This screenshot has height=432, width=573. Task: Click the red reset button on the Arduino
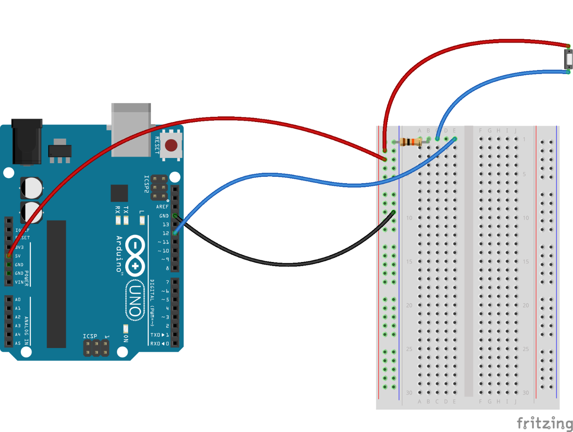(171, 146)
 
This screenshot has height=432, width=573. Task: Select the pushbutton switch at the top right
(569, 59)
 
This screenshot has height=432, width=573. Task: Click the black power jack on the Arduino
(27, 142)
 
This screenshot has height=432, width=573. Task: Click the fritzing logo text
(544, 423)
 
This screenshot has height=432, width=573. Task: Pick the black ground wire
(287, 264)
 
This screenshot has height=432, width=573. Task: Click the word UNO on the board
(135, 300)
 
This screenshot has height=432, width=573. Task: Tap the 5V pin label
(18, 256)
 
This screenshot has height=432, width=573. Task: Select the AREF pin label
(162, 207)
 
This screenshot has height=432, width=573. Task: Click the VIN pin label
(19, 282)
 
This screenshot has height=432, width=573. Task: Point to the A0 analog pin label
(18, 300)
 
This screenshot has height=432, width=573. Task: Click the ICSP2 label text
(146, 184)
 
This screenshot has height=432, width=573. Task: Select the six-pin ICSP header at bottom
(96, 348)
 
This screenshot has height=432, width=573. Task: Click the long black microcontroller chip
(56, 284)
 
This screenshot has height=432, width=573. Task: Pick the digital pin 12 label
(165, 233)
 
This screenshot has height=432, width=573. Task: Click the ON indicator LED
(125, 328)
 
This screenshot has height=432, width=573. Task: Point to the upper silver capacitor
(32, 188)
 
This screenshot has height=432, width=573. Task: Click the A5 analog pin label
(18, 343)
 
